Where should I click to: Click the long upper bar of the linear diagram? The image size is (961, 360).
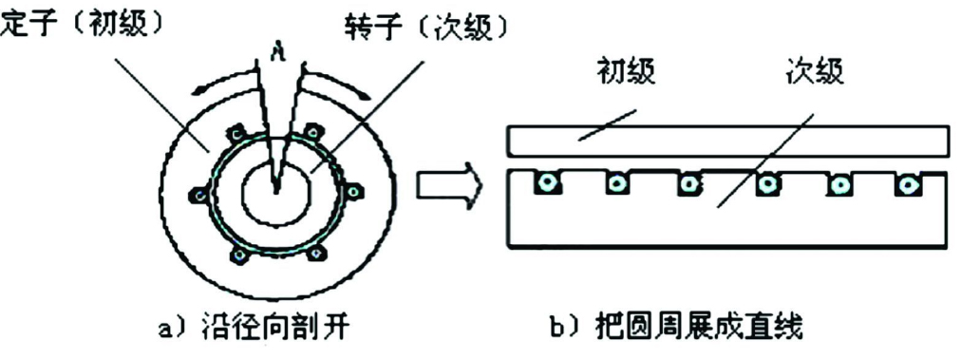(x=726, y=141)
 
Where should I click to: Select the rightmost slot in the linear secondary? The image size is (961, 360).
(x=908, y=183)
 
